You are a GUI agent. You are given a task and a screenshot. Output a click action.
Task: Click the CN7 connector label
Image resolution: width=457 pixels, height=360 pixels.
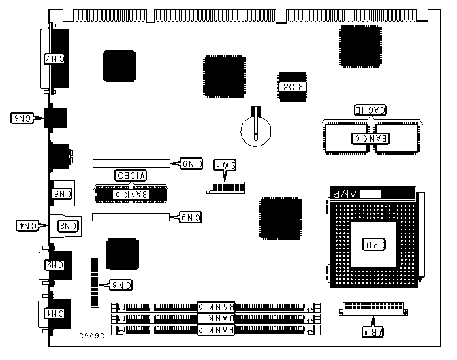(57, 59)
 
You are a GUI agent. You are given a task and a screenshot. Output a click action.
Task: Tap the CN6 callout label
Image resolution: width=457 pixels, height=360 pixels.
(22, 118)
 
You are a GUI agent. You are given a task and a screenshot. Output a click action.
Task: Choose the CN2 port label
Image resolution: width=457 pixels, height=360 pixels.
(55, 265)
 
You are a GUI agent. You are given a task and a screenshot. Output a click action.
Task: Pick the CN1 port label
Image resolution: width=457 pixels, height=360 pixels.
(55, 314)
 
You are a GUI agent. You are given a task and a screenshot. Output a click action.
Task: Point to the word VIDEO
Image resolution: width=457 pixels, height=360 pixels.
(131, 175)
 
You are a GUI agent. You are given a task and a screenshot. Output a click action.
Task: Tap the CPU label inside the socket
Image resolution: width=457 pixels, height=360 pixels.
(371, 244)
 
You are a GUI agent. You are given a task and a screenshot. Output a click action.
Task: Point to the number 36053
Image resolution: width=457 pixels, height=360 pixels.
(93, 335)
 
